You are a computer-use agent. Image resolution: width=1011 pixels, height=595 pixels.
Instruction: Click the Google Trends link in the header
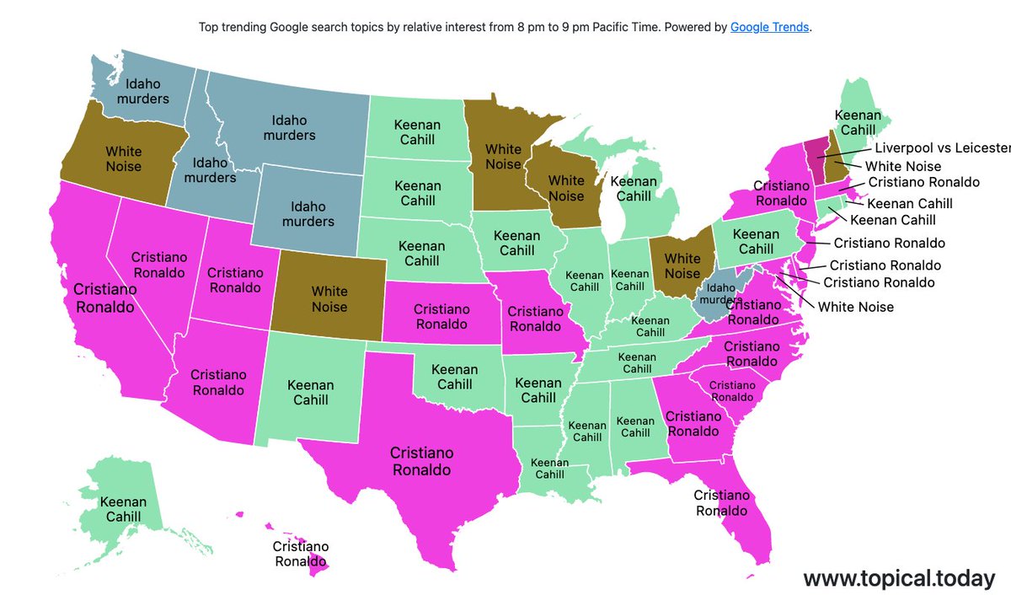pyautogui.click(x=769, y=27)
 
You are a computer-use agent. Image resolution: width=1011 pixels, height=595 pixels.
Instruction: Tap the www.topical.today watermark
pyautogui.click(x=899, y=578)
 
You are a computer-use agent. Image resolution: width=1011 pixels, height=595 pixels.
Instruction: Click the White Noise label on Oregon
pyautogui.click(x=124, y=158)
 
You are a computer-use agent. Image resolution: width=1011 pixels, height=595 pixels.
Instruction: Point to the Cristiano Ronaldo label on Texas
pyautogui.click(x=420, y=461)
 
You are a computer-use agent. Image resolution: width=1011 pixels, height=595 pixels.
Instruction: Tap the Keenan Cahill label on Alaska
pyautogui.click(x=123, y=510)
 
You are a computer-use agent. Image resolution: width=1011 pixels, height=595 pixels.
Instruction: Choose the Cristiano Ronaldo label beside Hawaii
pyautogui.click(x=301, y=554)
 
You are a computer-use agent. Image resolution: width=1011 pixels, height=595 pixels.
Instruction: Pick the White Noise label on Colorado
pyautogui.click(x=329, y=299)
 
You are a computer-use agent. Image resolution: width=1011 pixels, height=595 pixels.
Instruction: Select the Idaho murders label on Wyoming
pyautogui.click(x=308, y=214)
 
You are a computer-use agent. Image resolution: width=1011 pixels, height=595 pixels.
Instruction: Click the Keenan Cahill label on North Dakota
pyautogui.click(x=416, y=131)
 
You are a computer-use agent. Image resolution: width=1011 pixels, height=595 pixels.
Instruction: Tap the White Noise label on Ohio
pyautogui.click(x=682, y=265)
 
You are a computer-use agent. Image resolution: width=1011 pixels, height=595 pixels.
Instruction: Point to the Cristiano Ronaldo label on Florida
pyautogui.click(x=721, y=502)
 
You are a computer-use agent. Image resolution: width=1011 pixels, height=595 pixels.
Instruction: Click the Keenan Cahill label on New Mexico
pyautogui.click(x=310, y=392)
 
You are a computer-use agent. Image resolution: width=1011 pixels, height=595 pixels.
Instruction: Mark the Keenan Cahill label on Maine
pyautogui.click(x=858, y=122)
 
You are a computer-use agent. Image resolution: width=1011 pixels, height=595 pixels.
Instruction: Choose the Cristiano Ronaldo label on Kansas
pyautogui.click(x=441, y=317)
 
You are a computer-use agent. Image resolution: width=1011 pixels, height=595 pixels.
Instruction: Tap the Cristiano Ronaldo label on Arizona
pyautogui.click(x=218, y=382)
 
